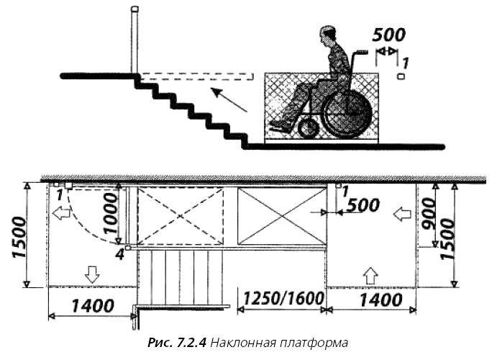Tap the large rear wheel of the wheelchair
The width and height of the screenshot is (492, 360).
click(x=347, y=114)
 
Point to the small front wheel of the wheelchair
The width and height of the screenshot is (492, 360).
click(x=308, y=129)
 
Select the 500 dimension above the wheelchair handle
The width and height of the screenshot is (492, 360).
click(x=389, y=35)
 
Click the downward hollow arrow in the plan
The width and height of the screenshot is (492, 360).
click(x=91, y=274)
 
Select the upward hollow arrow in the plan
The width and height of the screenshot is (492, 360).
click(x=371, y=274)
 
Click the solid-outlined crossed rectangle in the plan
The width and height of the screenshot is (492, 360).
click(x=281, y=215)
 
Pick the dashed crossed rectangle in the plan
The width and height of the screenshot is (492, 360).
click(x=180, y=215)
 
